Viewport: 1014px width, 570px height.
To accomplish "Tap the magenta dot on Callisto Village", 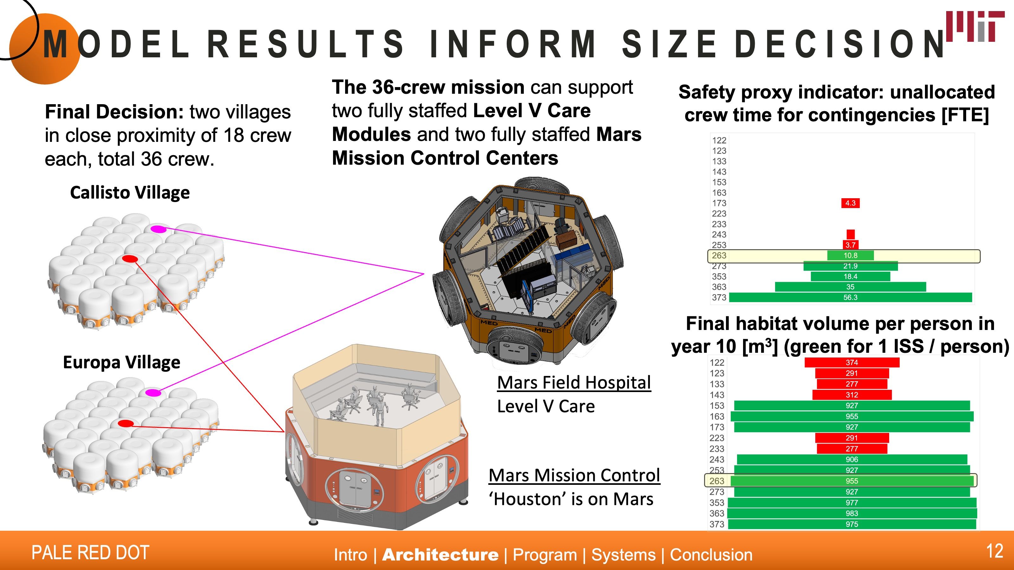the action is tap(159, 229).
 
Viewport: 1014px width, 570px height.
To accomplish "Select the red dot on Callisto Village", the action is tap(130, 258).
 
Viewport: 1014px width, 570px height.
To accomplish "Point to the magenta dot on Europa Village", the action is tap(153, 392).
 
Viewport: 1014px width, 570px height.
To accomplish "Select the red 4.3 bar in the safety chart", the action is tap(850, 203).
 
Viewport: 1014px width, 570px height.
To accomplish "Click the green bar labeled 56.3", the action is tap(850, 297).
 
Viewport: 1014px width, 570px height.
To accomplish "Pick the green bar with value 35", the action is tap(850, 287).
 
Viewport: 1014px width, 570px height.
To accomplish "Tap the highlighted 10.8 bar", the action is tap(850, 255).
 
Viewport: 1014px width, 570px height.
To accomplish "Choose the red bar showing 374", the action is tap(851, 362).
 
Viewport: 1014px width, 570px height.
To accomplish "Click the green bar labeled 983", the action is tap(851, 513).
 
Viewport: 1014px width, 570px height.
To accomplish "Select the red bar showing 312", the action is tap(851, 395).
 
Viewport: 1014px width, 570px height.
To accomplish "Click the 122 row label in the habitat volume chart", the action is tap(717, 362).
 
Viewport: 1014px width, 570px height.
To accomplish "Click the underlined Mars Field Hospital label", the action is tap(574, 382).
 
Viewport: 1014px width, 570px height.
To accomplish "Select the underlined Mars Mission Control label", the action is tap(574, 475).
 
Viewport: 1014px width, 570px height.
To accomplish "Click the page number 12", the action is tap(994, 551).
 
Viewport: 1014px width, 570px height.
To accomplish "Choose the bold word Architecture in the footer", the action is tap(440, 555).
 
